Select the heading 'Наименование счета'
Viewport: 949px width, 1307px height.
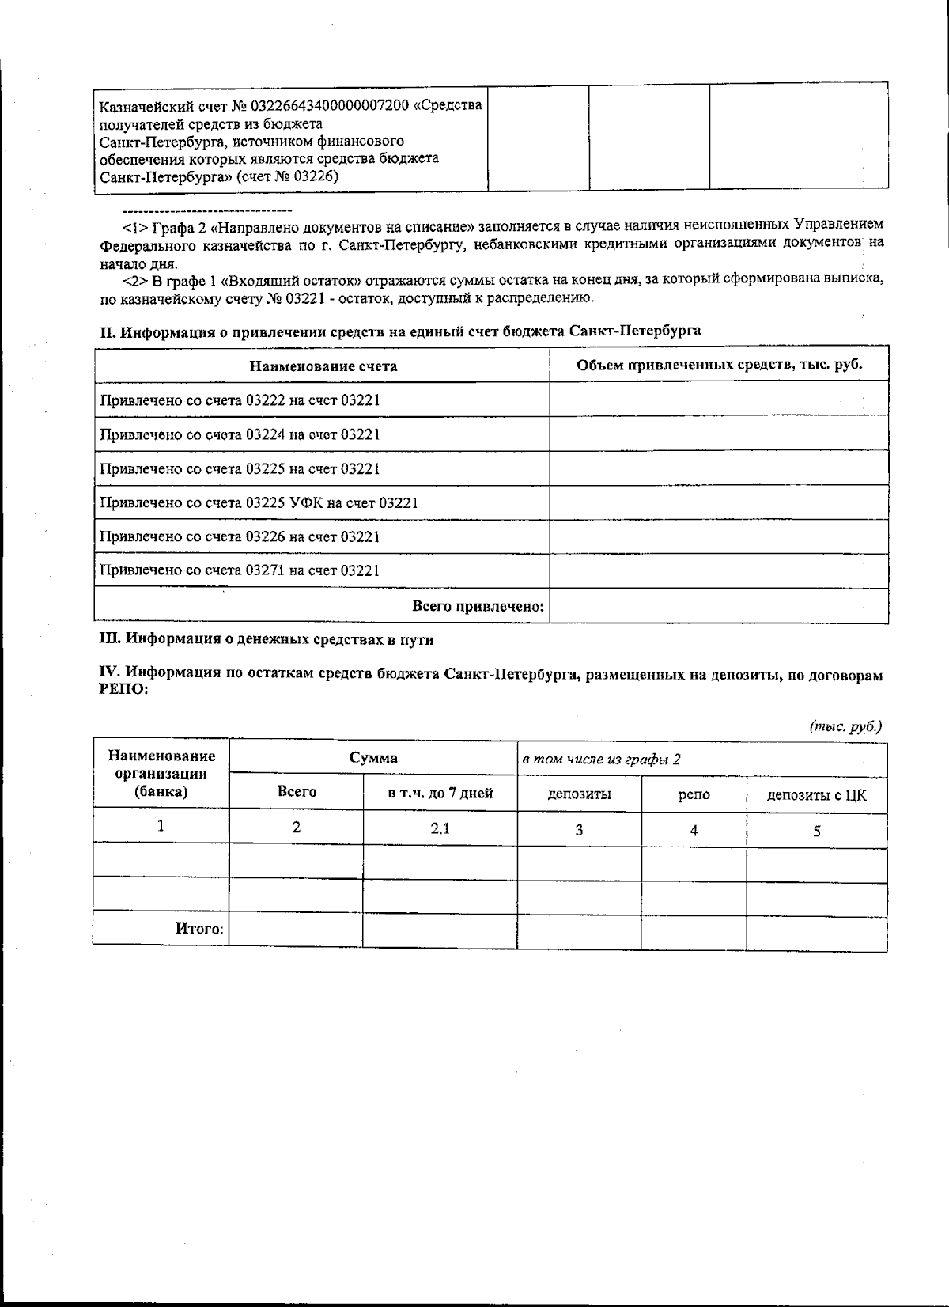coord(323,366)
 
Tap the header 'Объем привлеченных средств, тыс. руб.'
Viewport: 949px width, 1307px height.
coord(719,364)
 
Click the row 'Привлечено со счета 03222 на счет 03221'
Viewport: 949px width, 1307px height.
coord(240,400)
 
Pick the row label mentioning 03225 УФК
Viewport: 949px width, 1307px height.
coord(259,503)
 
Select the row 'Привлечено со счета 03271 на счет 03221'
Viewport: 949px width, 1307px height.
coord(240,570)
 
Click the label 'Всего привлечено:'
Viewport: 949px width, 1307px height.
coord(478,606)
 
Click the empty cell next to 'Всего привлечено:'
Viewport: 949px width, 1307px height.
coord(718,606)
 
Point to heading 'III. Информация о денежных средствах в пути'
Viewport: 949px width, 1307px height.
coord(267,639)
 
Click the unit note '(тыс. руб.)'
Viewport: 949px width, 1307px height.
coord(845,726)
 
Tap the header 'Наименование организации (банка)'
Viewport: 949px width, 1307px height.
coord(161,773)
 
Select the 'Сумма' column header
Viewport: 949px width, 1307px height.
coord(373,758)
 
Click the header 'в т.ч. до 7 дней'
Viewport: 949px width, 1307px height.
coord(440,793)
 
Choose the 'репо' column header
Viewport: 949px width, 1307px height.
coord(694,794)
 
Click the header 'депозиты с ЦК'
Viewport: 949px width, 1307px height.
coord(817,795)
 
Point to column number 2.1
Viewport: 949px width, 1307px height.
coord(440,828)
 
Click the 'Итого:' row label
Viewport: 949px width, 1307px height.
coord(199,929)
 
